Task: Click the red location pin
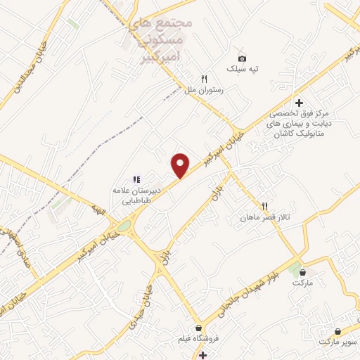pos(181,165)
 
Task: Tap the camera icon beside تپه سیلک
pos(242,58)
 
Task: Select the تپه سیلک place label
pos(242,69)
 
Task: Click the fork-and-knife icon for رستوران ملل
pos(205,79)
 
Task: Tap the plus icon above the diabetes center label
pos(298,103)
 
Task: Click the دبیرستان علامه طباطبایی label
pos(139,195)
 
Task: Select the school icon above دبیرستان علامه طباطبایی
pos(137,179)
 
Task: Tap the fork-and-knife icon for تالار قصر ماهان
pos(265,206)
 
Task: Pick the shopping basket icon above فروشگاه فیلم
pos(200,328)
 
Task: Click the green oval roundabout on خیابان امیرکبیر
pos(124,226)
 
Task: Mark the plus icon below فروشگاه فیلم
pos(202,355)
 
